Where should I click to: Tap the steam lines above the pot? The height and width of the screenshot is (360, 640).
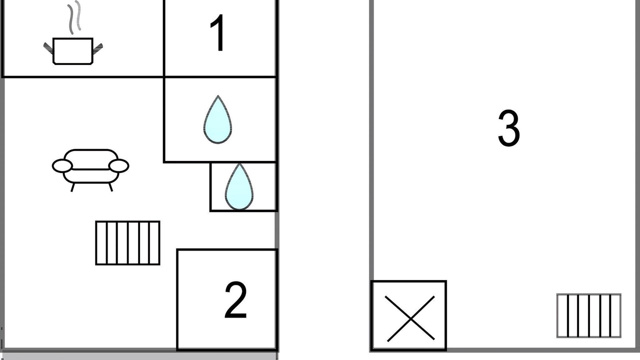click(74, 17)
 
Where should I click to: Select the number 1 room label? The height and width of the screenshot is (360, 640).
click(217, 33)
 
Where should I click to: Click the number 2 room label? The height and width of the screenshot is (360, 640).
click(235, 299)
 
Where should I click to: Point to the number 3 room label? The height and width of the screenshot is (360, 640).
click(509, 128)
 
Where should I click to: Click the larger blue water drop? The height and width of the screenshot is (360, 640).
click(217, 119)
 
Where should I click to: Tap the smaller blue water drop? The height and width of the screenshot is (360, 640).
click(239, 186)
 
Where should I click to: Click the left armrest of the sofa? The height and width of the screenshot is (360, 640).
click(62, 166)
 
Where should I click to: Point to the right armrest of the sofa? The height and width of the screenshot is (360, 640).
click(119, 166)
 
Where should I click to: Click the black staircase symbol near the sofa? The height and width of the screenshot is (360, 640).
click(127, 243)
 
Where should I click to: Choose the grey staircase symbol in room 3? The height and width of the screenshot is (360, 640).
click(589, 315)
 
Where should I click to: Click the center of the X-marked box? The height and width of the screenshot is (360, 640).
click(410, 319)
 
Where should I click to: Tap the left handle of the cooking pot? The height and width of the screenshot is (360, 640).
click(48, 48)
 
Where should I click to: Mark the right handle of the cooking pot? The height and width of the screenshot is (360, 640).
click(97, 48)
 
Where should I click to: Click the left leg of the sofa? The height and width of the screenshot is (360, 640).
click(72, 187)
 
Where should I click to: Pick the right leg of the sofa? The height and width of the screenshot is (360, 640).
click(110, 187)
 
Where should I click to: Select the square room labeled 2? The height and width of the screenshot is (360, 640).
click(227, 299)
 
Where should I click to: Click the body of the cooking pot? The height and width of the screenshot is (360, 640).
click(73, 51)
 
